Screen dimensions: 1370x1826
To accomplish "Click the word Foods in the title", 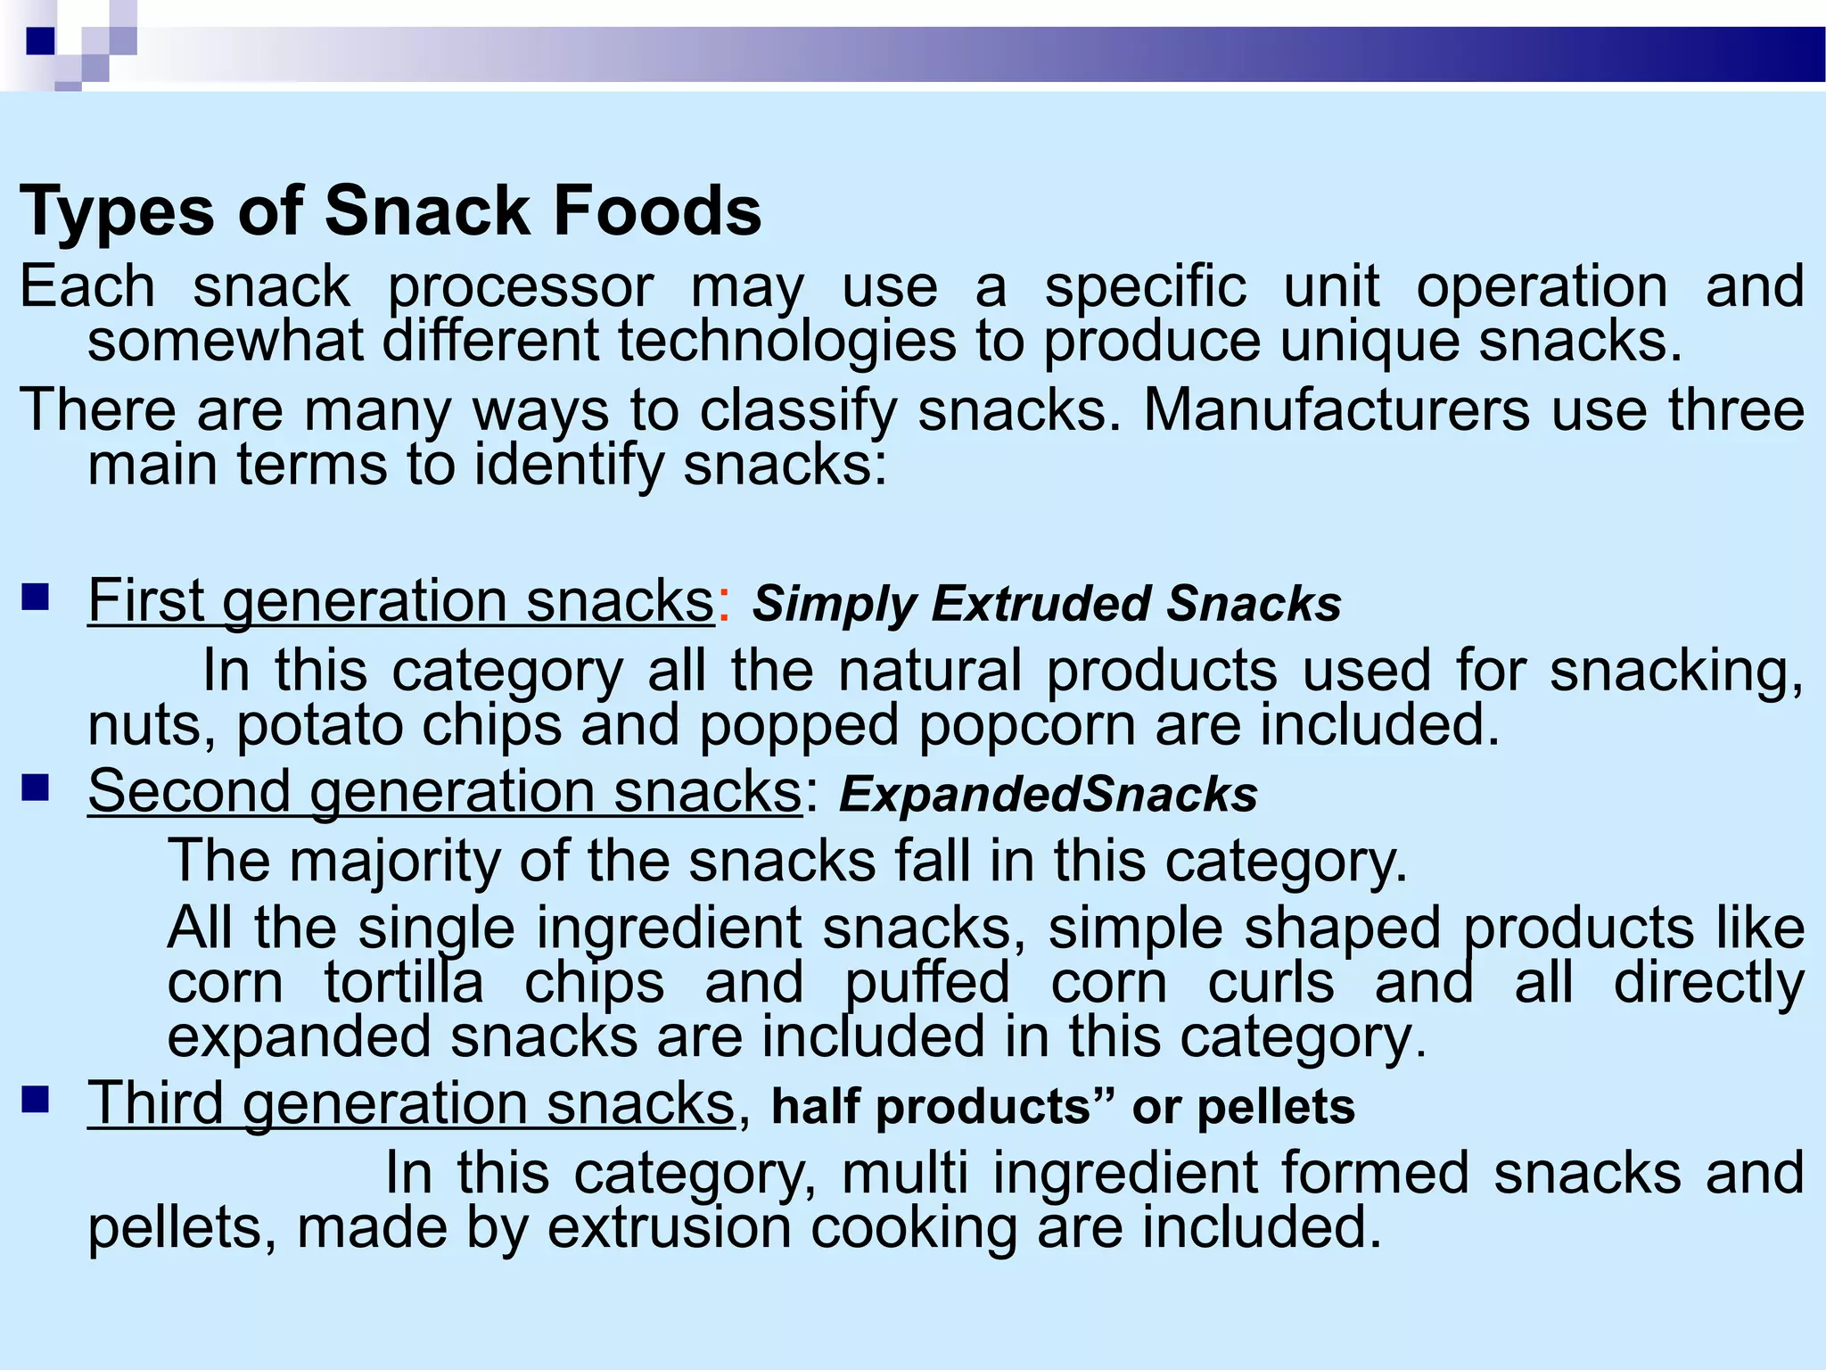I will click(x=656, y=211).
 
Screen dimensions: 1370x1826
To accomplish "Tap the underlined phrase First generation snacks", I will click(x=400, y=601).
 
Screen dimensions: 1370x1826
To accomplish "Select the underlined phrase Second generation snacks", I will click(x=445, y=792).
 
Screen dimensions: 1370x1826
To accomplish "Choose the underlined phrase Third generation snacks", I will click(x=411, y=1104).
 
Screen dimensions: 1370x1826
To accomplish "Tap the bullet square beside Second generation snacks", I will click(x=36, y=788).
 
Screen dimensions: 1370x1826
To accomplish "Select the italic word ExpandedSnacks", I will click(x=1048, y=795).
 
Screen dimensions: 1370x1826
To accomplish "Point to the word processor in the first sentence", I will click(x=521, y=288).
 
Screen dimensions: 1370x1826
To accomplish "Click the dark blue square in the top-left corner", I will click(x=41, y=41).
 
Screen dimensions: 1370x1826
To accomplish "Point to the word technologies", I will click(x=786, y=342).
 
